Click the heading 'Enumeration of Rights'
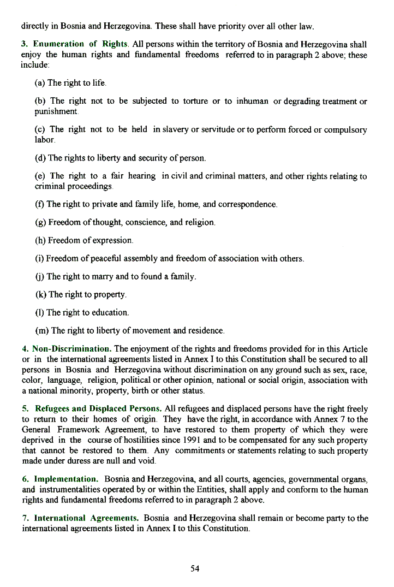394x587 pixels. (80, 44)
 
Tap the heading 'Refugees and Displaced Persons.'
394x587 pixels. (98, 408)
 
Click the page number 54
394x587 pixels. (195, 568)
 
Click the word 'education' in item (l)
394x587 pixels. (110, 313)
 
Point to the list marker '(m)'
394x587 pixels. (41, 331)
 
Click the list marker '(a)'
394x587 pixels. (40, 84)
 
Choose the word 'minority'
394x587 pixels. (81, 391)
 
